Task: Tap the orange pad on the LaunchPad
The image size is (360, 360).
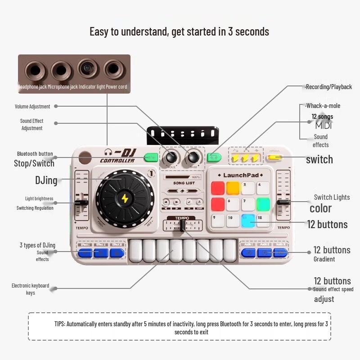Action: click(x=233, y=188)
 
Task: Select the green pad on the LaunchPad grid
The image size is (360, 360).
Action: click(x=263, y=204)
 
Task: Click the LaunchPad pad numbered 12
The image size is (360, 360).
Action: click(x=263, y=220)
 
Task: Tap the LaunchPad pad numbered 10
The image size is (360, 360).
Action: click(x=233, y=220)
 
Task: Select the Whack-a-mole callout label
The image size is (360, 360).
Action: click(x=323, y=106)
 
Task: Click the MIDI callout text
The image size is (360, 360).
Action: click(x=323, y=126)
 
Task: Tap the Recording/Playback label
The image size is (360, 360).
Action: click(x=328, y=86)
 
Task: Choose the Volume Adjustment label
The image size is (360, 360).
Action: click(x=32, y=107)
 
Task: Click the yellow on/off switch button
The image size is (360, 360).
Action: click(x=274, y=157)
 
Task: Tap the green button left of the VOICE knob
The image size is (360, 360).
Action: click(x=151, y=157)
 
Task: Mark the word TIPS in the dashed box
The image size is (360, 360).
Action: click(x=60, y=324)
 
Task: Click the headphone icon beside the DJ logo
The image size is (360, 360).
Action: click(x=108, y=152)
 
